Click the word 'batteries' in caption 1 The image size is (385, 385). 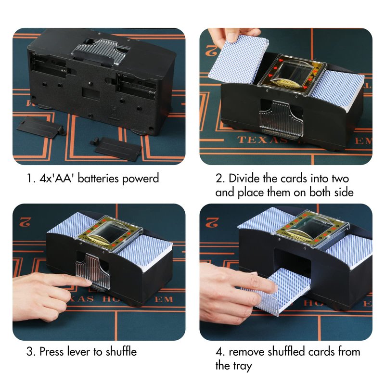click(99, 178)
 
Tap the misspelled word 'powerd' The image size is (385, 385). click(141, 179)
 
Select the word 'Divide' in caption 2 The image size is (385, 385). click(244, 178)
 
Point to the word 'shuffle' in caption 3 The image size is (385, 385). click(121, 352)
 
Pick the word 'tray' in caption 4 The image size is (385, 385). click(242, 366)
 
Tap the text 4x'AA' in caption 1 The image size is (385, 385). click(57, 178)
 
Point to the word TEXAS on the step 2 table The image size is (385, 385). click(262, 140)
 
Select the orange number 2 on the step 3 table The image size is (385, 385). click(25, 222)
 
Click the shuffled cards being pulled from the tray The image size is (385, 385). click(282, 292)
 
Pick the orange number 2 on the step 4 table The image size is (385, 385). click(212, 222)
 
